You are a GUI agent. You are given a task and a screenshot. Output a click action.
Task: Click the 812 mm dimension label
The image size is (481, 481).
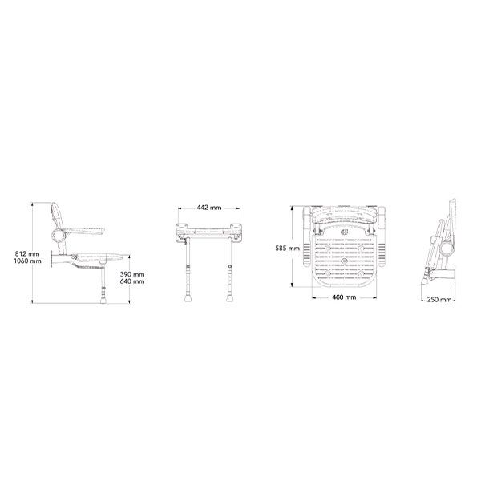(x=27, y=254)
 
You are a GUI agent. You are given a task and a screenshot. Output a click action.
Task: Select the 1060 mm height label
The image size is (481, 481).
(x=27, y=261)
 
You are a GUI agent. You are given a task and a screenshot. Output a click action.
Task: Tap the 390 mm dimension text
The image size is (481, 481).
(x=132, y=274)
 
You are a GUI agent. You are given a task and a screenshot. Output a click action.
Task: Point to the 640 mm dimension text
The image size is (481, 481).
(x=132, y=281)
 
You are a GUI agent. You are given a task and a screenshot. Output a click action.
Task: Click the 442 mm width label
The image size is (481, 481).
(x=209, y=208)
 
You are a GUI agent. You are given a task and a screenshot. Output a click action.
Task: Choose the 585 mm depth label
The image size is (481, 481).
(x=288, y=249)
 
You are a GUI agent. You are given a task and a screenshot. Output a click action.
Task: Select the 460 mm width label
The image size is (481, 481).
(x=344, y=297)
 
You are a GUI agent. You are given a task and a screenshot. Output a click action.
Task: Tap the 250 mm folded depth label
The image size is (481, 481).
(x=439, y=299)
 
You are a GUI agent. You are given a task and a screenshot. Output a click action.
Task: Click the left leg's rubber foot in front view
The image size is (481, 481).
(x=188, y=298)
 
